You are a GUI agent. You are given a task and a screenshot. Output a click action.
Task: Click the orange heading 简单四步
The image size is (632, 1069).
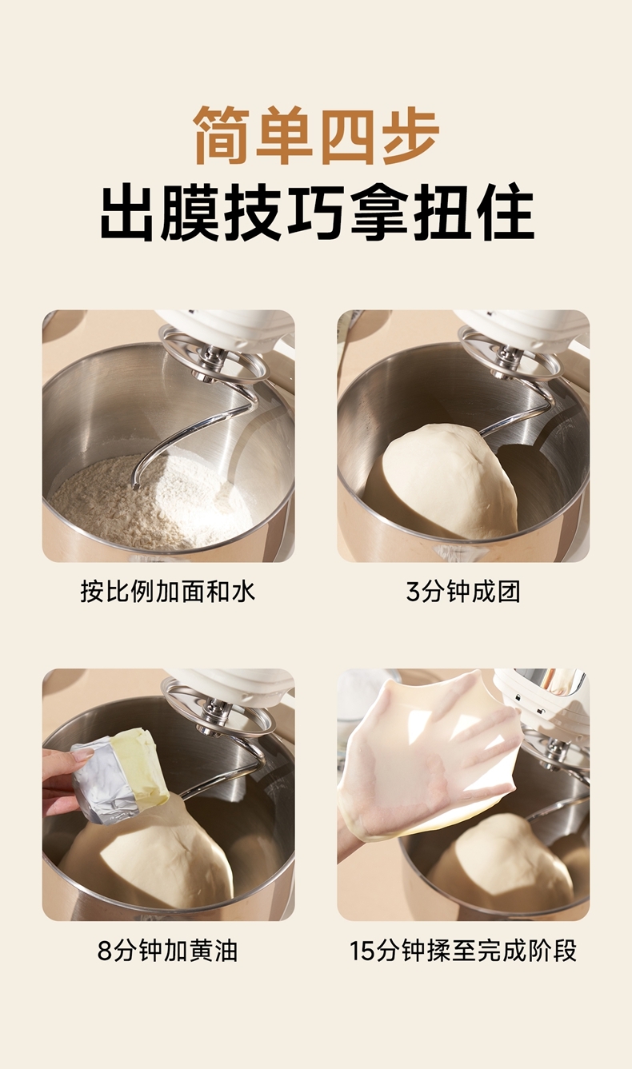point(316,136)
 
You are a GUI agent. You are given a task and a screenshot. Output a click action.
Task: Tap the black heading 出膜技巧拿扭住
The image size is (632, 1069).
point(317,211)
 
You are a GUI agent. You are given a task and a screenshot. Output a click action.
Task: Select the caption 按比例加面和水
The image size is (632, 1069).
point(167,592)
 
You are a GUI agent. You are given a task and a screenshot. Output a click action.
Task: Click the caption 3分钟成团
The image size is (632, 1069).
point(462,592)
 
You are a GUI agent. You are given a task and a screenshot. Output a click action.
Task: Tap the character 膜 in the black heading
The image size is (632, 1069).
point(191,211)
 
